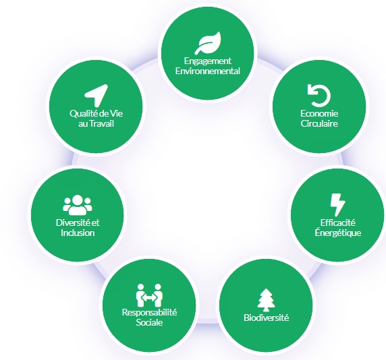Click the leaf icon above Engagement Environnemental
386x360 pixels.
point(208,42)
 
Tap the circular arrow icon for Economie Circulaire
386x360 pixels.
point(319,96)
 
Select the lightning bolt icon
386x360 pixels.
point(337,205)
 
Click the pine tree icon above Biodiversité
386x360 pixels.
point(266,300)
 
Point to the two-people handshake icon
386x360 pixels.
point(149,295)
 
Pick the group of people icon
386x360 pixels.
point(78,205)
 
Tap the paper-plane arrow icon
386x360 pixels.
point(96,96)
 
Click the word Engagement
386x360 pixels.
point(208,61)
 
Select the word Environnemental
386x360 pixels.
point(208,71)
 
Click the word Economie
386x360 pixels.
point(319,113)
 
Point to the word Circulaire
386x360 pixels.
point(319,123)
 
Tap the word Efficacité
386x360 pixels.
point(337,222)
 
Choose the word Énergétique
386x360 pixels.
point(337,233)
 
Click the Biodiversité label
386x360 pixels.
point(266,318)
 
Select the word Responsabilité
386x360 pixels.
point(149,312)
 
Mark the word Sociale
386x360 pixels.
point(149,322)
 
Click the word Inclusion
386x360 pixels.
point(78,233)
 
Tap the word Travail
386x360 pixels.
point(102,123)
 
